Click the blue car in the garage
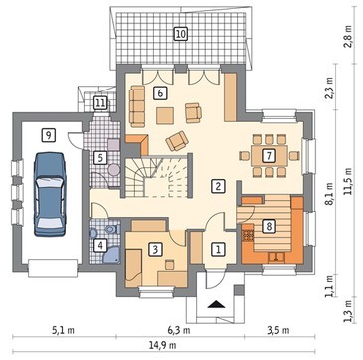[x=50, y=194]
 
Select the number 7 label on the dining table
[x=269, y=156]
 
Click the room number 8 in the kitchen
[x=269, y=227]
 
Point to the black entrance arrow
[x=216, y=305]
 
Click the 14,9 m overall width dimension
[x=163, y=345]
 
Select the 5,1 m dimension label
[x=64, y=330]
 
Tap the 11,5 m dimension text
[x=348, y=181]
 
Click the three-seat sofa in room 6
[x=137, y=106]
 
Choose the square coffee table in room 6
[x=165, y=115]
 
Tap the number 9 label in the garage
[x=49, y=135]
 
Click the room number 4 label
[x=99, y=246]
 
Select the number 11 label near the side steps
[x=100, y=103]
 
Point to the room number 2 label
[x=218, y=186]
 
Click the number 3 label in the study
[x=155, y=249]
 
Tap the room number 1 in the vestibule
[x=218, y=249]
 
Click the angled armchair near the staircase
[x=177, y=141]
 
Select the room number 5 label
[x=100, y=158]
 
